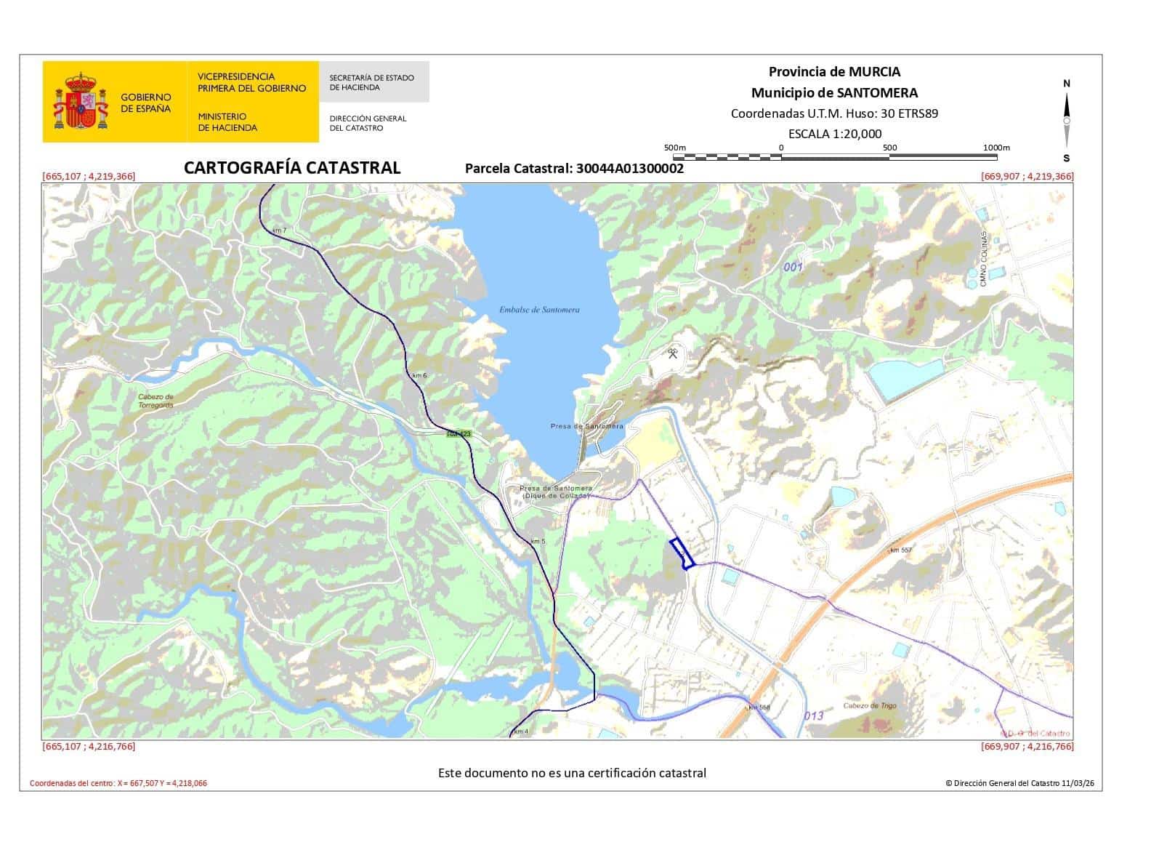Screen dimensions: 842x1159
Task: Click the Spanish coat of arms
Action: (x=81, y=101)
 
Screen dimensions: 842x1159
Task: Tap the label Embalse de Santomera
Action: (x=539, y=310)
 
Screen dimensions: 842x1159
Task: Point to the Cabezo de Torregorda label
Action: (x=156, y=401)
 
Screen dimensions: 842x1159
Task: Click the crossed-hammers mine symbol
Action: (x=674, y=354)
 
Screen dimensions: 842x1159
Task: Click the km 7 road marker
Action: (x=280, y=230)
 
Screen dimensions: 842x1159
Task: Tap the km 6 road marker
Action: (x=419, y=375)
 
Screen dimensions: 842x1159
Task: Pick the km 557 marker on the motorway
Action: (x=900, y=550)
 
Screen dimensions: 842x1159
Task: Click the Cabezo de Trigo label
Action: (x=870, y=705)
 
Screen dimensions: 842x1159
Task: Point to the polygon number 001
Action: (x=793, y=267)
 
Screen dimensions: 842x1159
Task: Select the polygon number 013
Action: (x=814, y=715)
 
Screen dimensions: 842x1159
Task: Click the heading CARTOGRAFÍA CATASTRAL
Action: (x=292, y=168)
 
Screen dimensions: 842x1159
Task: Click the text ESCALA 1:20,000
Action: (x=835, y=133)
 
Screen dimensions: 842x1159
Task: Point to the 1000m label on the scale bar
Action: (x=996, y=148)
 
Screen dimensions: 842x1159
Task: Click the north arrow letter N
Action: (x=1067, y=84)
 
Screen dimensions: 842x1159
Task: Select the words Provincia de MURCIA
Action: (x=834, y=71)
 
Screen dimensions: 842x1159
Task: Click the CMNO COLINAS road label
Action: (x=984, y=259)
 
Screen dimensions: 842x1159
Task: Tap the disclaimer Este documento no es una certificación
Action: (x=572, y=773)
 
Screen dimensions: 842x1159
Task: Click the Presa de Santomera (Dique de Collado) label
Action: (x=556, y=492)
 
